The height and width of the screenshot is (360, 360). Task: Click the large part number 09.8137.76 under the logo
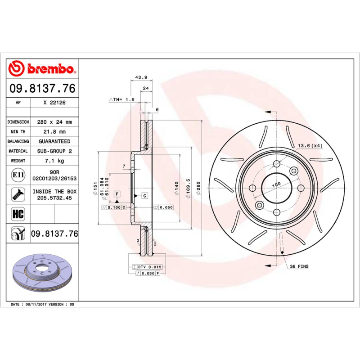[x=43, y=89]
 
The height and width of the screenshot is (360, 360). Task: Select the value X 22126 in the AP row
[x=54, y=103]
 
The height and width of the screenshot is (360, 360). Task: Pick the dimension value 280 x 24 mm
[x=54, y=122]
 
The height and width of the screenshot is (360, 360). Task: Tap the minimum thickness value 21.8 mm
[x=54, y=132]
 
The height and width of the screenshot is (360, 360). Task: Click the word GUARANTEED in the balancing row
[x=54, y=141]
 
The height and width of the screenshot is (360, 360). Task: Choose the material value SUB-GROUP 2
[x=54, y=151]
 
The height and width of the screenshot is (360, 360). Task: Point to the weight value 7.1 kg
[x=54, y=161]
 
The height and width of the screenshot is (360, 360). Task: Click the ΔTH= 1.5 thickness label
[x=121, y=99]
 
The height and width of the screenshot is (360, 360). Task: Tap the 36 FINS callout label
[x=299, y=267]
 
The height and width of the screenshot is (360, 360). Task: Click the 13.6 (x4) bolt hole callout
[x=310, y=145]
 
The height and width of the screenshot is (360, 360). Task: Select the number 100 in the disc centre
[x=276, y=184]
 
